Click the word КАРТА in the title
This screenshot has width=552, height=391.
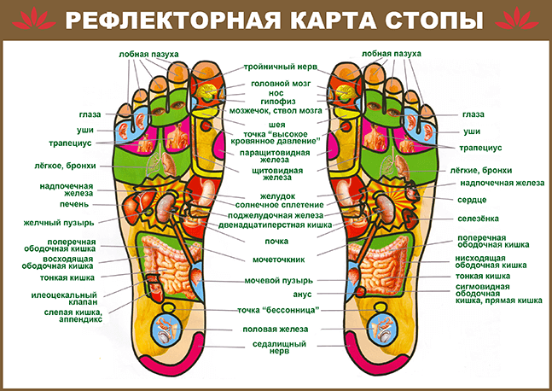(334, 20)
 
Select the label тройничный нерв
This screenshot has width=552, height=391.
(281, 67)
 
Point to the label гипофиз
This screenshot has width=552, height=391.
(278, 102)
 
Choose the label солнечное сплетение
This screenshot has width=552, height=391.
(280, 205)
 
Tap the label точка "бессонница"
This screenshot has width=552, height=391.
(278, 311)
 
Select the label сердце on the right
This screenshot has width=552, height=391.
(472, 200)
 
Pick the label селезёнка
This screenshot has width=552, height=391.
(478, 219)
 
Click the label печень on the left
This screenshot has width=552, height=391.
(74, 204)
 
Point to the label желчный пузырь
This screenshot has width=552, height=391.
(59, 223)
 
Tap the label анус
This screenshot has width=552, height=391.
(302, 295)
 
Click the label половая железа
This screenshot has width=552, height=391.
(276, 330)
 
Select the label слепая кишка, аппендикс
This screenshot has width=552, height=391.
(73, 316)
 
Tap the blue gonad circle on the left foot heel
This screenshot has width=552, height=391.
(166, 330)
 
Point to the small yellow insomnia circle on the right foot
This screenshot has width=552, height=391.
(380, 308)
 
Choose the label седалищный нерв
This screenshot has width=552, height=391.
(280, 347)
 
